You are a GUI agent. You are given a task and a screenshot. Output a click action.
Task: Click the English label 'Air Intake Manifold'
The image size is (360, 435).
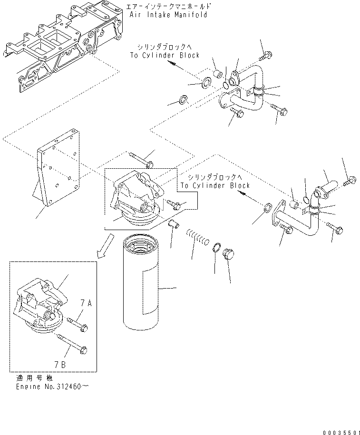pos(168,15)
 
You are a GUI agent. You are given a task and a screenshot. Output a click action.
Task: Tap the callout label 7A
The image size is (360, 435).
pos(87,303)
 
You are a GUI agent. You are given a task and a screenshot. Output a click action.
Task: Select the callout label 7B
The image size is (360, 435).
pos(60,364)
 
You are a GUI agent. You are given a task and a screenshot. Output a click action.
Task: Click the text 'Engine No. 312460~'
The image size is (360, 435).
pos(52,387)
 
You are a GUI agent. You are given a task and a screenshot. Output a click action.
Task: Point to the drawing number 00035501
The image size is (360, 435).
pos(341,432)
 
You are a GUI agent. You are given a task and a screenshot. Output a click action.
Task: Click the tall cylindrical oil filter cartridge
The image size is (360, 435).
pos(140,283)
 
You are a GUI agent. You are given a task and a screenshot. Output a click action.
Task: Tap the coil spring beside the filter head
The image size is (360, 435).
pos(198,237)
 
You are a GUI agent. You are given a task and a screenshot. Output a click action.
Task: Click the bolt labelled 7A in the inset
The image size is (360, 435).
pos(78,324)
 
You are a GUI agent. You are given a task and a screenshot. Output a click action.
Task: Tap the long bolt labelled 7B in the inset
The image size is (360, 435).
pos(73,344)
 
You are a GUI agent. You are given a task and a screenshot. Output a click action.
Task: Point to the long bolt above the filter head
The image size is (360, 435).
pos(141,160)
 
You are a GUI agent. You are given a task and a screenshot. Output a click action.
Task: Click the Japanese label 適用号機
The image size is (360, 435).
pos(34,378)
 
